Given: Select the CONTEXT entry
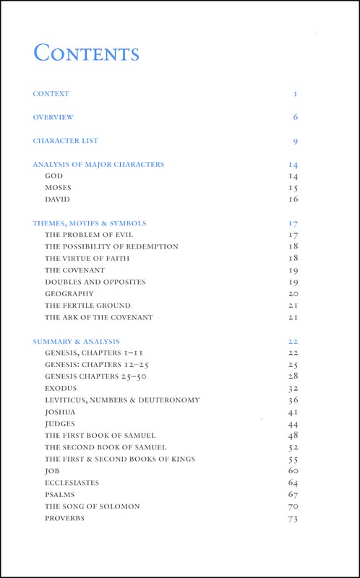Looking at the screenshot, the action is point(51,94).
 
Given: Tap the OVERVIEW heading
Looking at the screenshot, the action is point(53,117).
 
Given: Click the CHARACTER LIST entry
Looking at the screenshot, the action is point(66,141).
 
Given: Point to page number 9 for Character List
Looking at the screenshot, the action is point(296,142).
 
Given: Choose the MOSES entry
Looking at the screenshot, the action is point(58,187).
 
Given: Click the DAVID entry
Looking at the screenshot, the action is point(57,199).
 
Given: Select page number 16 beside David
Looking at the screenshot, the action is point(293,199).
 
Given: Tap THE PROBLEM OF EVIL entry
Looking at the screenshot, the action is point(89,235).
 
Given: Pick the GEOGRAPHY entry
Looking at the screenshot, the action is point(69,293).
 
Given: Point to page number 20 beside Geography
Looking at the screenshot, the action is point(293,294).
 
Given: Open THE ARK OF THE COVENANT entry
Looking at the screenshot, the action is point(99,317).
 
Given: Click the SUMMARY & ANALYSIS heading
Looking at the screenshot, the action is point(77,341).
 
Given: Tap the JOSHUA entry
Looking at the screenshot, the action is point(60,412).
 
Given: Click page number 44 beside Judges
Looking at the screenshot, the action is point(293,424).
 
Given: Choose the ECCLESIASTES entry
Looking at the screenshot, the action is point(72,483).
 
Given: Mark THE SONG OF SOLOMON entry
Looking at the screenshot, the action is point(93,506).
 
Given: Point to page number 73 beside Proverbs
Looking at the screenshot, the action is point(293,519).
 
